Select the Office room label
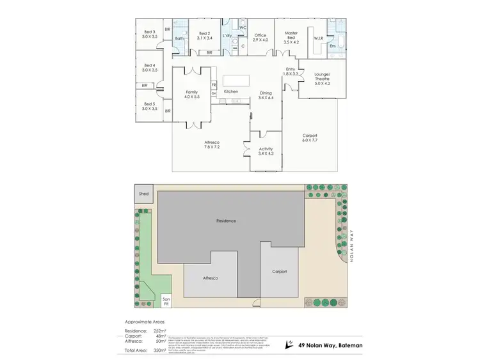point(260,35)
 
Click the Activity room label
point(265,149)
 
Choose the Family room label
point(191,92)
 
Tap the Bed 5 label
point(149,104)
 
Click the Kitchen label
point(231,91)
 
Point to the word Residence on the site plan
point(225,221)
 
